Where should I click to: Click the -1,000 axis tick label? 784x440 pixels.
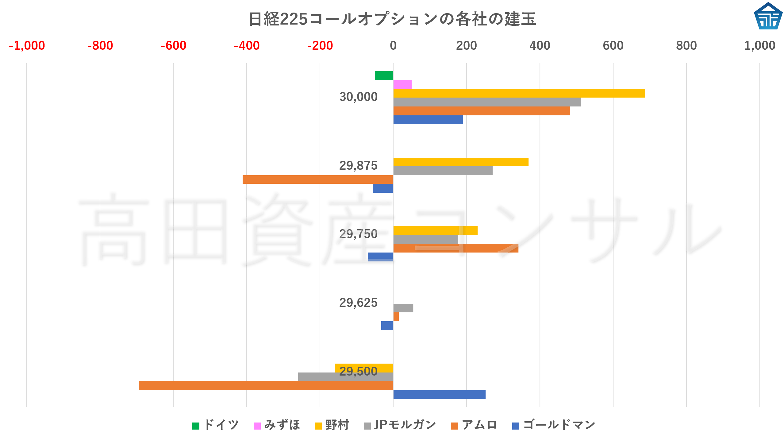(27, 46)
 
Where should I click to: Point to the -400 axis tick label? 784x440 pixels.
(247, 46)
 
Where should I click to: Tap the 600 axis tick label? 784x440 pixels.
(613, 46)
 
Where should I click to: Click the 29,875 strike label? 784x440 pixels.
(358, 166)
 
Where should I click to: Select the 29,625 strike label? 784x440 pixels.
(358, 303)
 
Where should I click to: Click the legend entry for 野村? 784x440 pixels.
(332, 425)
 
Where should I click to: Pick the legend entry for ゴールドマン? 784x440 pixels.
(554, 425)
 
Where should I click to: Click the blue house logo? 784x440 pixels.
(768, 16)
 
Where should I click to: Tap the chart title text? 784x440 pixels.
(392, 19)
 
